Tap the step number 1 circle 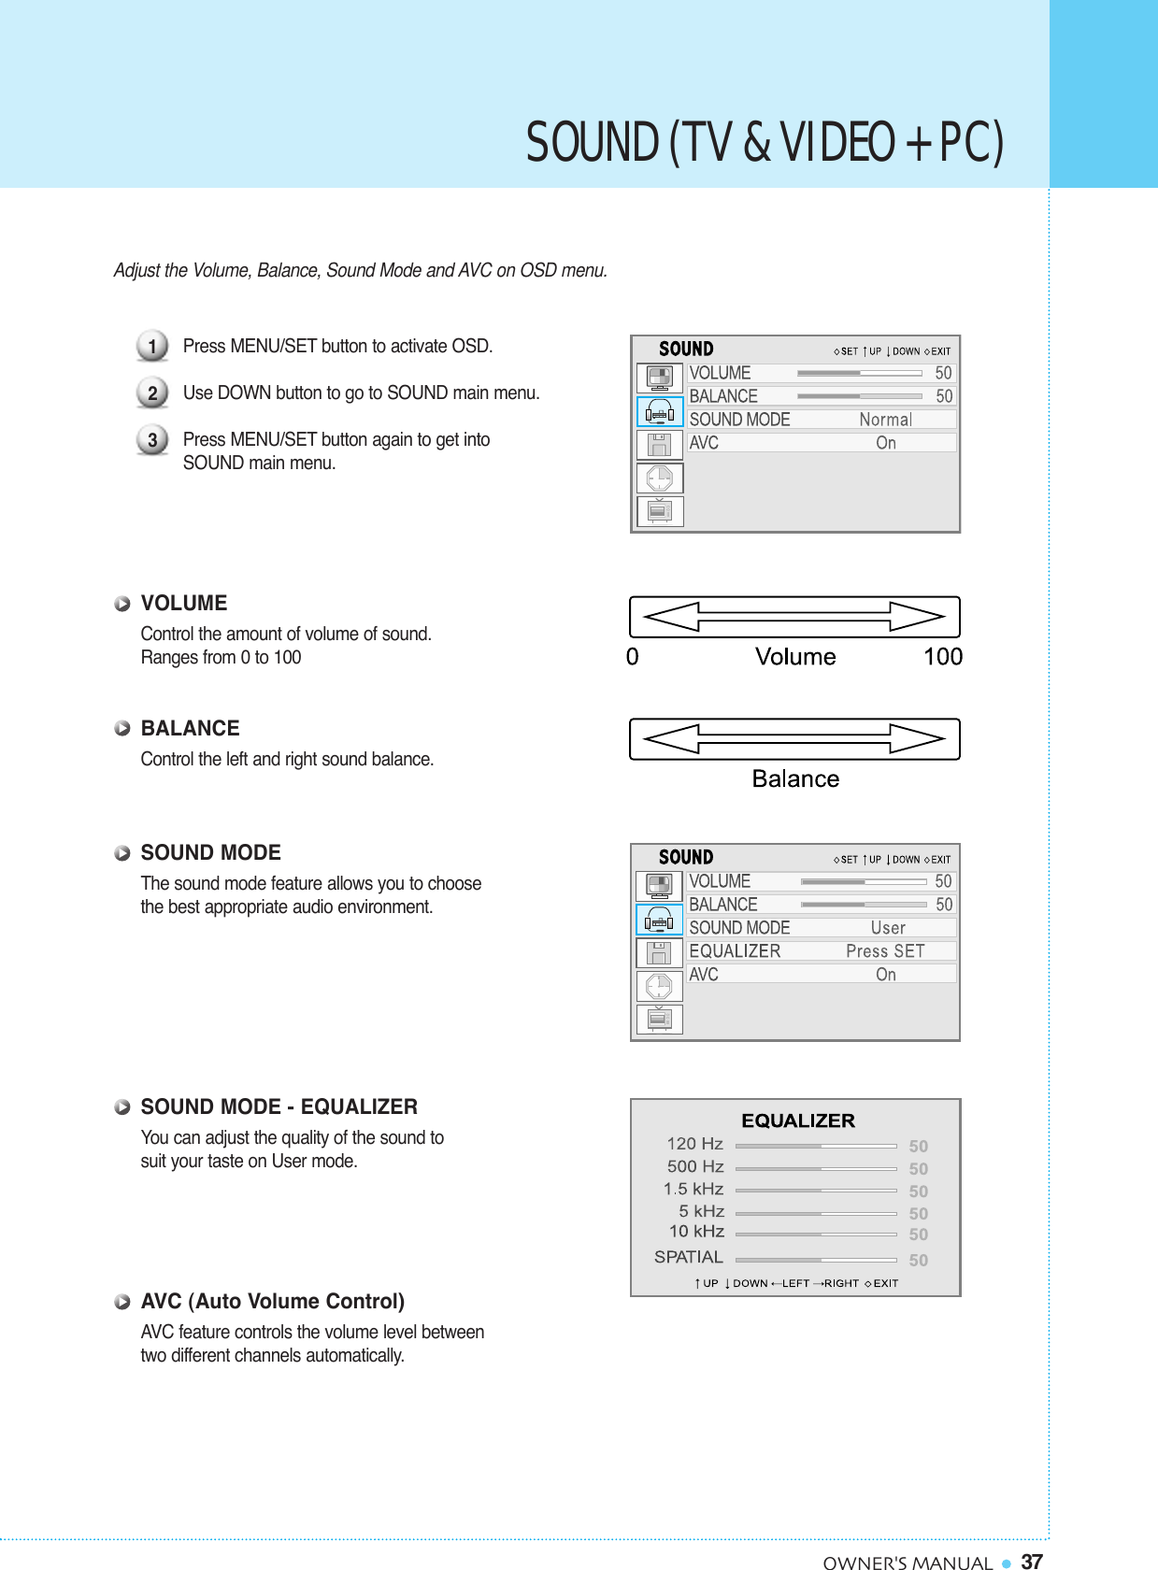tap(152, 346)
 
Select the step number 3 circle tap(152, 439)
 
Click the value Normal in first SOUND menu tap(885, 420)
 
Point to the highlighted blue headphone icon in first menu tap(660, 411)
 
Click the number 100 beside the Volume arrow tap(942, 657)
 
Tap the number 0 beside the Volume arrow tap(633, 657)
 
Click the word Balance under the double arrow tap(795, 779)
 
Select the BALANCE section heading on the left tap(190, 728)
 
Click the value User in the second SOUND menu tap(888, 928)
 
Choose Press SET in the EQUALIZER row tap(885, 951)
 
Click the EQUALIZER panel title tap(798, 1120)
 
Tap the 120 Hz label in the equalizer tap(694, 1144)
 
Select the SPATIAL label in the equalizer tap(688, 1257)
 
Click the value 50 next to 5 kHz tap(919, 1214)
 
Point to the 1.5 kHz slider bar tap(816, 1191)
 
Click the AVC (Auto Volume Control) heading tap(272, 1301)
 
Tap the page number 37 tap(1032, 1562)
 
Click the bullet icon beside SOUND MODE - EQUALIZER tap(122, 1107)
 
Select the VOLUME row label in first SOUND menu tap(720, 373)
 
